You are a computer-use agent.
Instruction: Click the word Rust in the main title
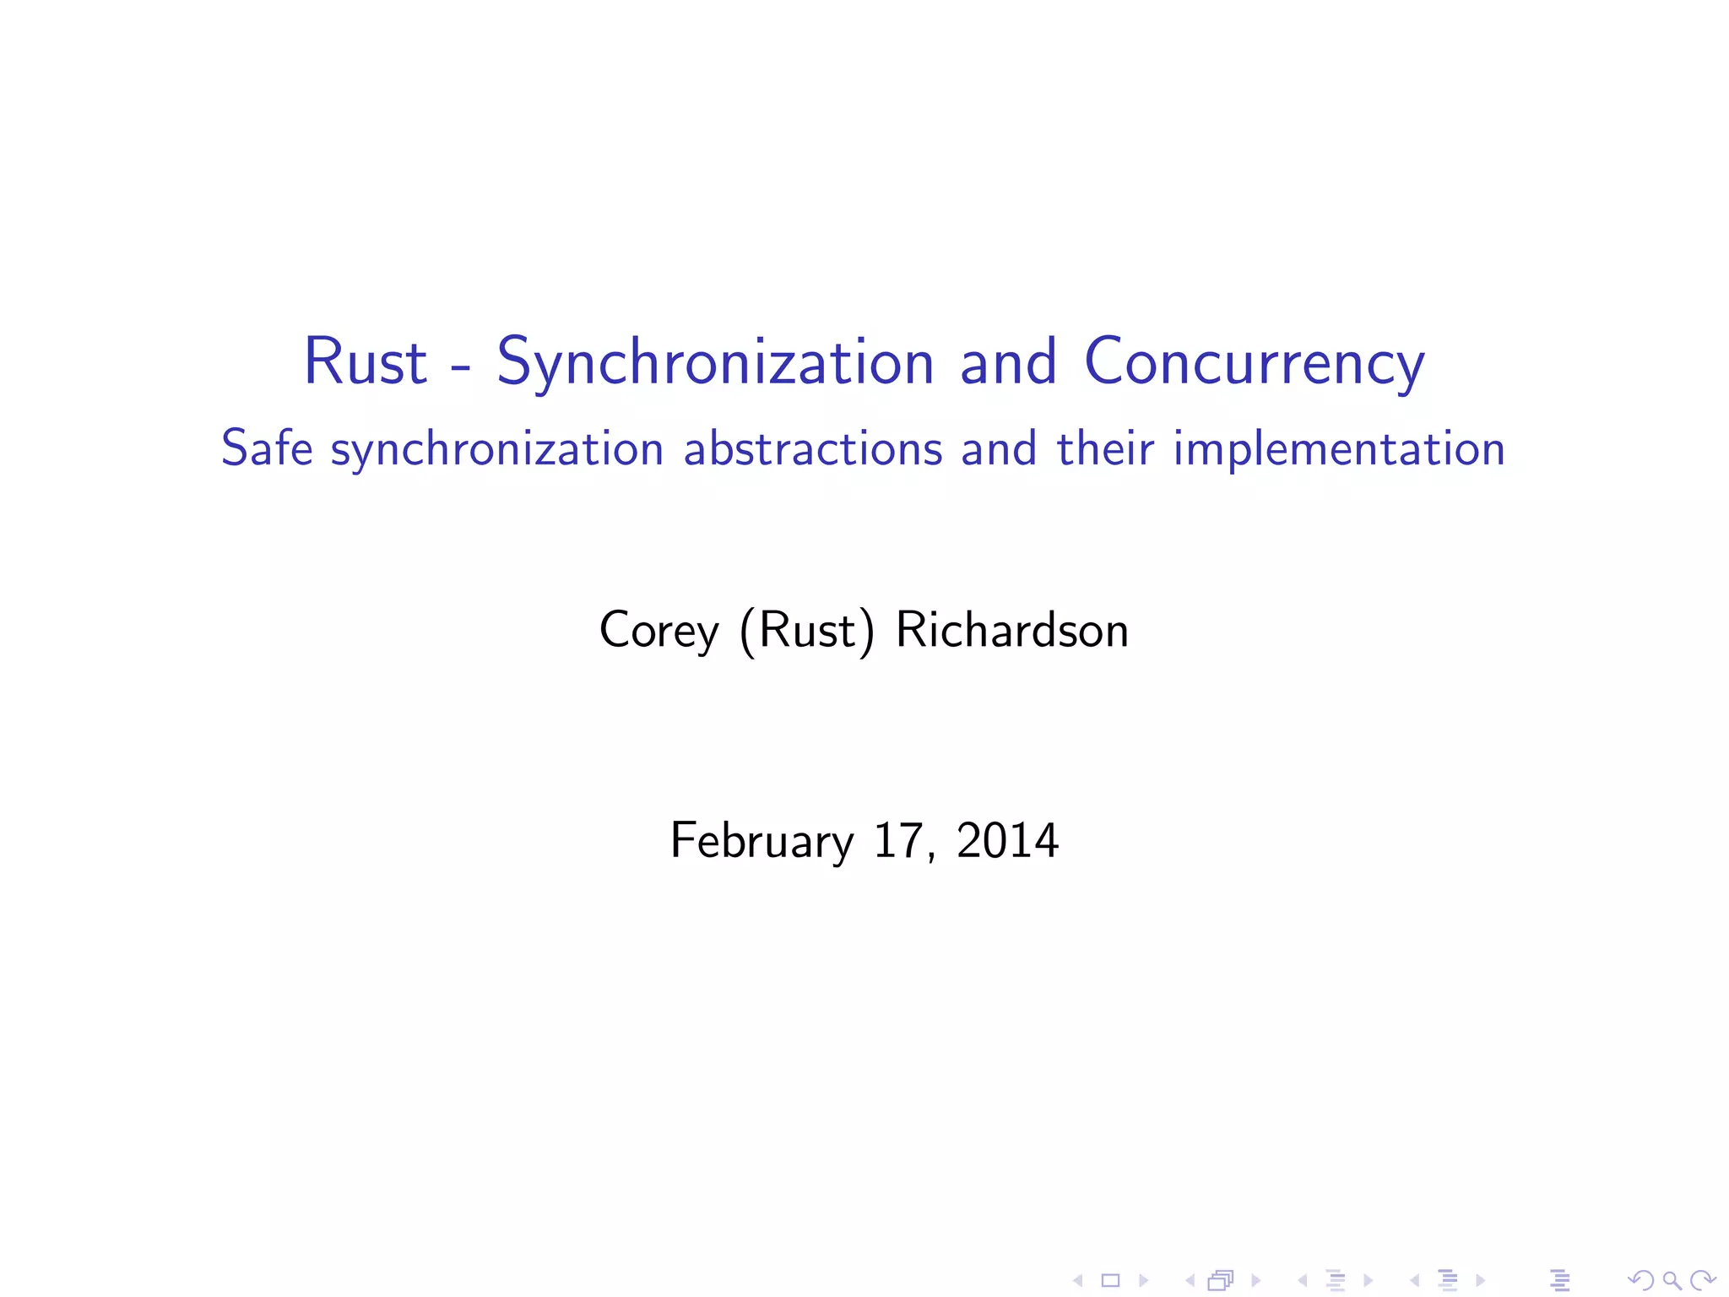[365, 361]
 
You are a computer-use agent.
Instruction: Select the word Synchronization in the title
[714, 363]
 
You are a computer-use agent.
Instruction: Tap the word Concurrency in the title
[1254, 363]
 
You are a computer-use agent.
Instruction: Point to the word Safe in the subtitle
[266, 448]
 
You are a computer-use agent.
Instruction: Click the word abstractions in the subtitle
[812, 448]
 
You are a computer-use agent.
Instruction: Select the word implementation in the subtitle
[1339, 449]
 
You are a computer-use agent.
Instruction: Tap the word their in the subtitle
[1104, 448]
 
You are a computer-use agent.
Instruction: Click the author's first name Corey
[659, 630]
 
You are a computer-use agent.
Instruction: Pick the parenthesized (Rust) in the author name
[806, 630]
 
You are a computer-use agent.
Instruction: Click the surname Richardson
[1011, 630]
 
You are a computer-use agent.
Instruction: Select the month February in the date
[762, 840]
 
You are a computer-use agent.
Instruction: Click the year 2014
[1007, 840]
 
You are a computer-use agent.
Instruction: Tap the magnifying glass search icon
[1672, 1281]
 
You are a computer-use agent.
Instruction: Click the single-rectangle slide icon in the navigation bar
[1110, 1281]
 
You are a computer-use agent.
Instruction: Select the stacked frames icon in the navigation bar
[1221, 1281]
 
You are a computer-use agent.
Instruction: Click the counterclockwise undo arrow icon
[1640, 1281]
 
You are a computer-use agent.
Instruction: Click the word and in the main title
[1008, 361]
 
